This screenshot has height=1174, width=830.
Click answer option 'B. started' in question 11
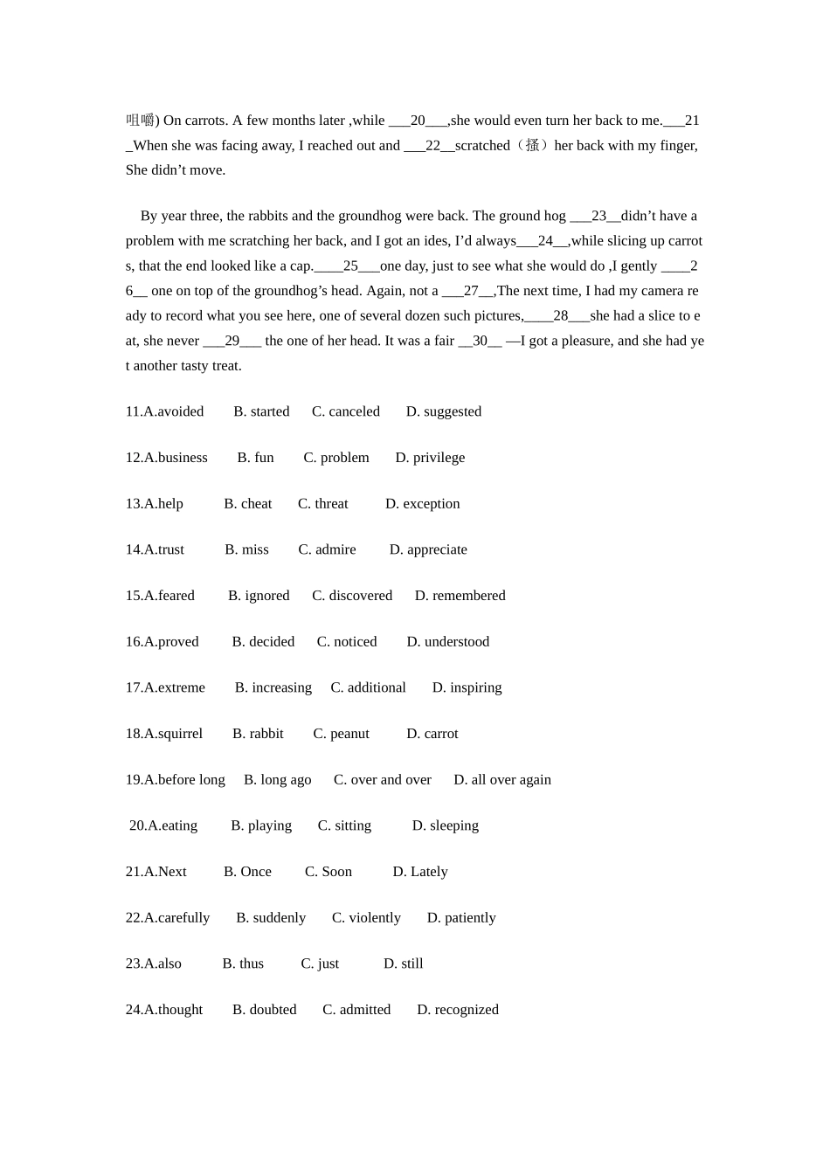pyautogui.click(x=261, y=411)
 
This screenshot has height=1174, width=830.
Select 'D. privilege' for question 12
pyautogui.click(x=430, y=458)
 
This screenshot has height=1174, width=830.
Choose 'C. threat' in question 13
pyautogui.click(x=322, y=504)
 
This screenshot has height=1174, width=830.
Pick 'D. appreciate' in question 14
pyautogui.click(x=428, y=549)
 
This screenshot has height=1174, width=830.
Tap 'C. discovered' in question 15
pyautogui.click(x=352, y=596)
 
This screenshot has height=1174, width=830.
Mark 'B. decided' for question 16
pyautogui.click(x=263, y=642)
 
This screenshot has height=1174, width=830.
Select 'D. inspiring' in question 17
pyautogui.click(x=467, y=687)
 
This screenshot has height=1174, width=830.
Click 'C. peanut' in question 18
pyautogui.click(x=341, y=734)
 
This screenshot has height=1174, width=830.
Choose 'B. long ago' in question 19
pyautogui.click(x=277, y=780)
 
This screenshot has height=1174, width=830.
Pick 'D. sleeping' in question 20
pyautogui.click(x=445, y=825)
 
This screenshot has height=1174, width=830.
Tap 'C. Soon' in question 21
pyautogui.click(x=328, y=872)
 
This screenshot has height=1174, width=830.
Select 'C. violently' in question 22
pyautogui.click(x=366, y=918)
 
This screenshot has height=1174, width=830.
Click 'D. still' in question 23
pyautogui.click(x=403, y=963)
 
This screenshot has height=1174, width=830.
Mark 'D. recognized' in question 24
pyautogui.click(x=458, y=1010)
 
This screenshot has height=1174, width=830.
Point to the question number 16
pyautogui.click(x=134, y=642)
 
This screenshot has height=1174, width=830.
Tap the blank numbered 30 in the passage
pyautogui.click(x=480, y=341)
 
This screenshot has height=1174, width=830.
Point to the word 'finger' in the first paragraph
pyautogui.click(x=676, y=146)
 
